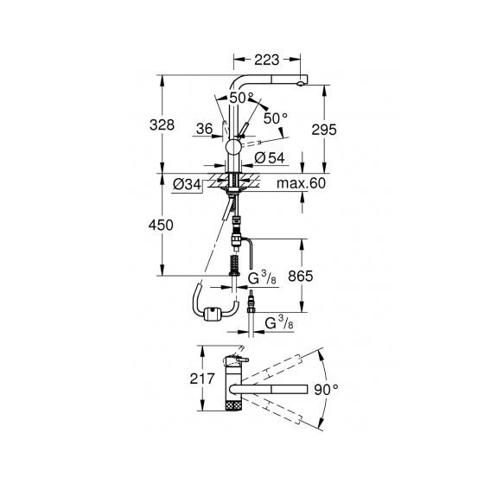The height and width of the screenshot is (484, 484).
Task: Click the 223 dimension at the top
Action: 267,60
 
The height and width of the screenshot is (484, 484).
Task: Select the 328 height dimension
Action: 162,125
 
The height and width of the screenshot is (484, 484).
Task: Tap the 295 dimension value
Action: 324,130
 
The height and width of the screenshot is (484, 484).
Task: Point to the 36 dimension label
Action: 204,129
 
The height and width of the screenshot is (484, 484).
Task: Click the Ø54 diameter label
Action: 270,158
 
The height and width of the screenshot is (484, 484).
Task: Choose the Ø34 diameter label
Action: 187,185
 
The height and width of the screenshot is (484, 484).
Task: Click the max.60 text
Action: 301,183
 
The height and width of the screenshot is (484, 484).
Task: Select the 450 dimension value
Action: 161,226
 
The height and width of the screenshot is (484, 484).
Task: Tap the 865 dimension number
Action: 301,276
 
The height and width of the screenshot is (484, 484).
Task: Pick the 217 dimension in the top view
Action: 202,379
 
